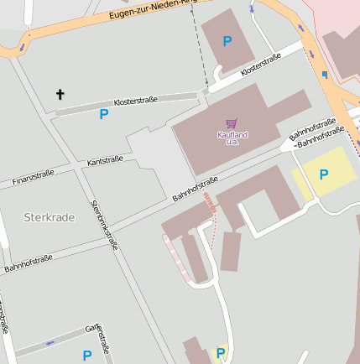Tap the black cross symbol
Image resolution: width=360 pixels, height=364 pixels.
point(60,94)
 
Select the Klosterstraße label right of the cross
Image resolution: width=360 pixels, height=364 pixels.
point(135,101)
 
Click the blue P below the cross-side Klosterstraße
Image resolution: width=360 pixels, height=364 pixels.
point(104,114)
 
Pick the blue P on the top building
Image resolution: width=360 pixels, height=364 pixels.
point(227,40)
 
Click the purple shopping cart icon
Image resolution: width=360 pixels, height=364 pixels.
point(231,123)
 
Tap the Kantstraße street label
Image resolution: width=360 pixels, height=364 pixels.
point(105,159)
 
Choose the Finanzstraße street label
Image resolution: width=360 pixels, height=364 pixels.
point(34,177)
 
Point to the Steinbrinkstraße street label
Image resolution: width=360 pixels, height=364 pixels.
point(103,224)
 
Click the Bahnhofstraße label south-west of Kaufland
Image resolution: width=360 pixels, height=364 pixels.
point(196,189)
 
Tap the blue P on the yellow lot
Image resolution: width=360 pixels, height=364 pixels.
point(324,174)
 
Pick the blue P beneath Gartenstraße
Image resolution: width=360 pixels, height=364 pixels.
point(86,356)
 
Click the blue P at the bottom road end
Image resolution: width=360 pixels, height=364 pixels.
point(221,352)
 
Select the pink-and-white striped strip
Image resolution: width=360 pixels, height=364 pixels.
point(175,255)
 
